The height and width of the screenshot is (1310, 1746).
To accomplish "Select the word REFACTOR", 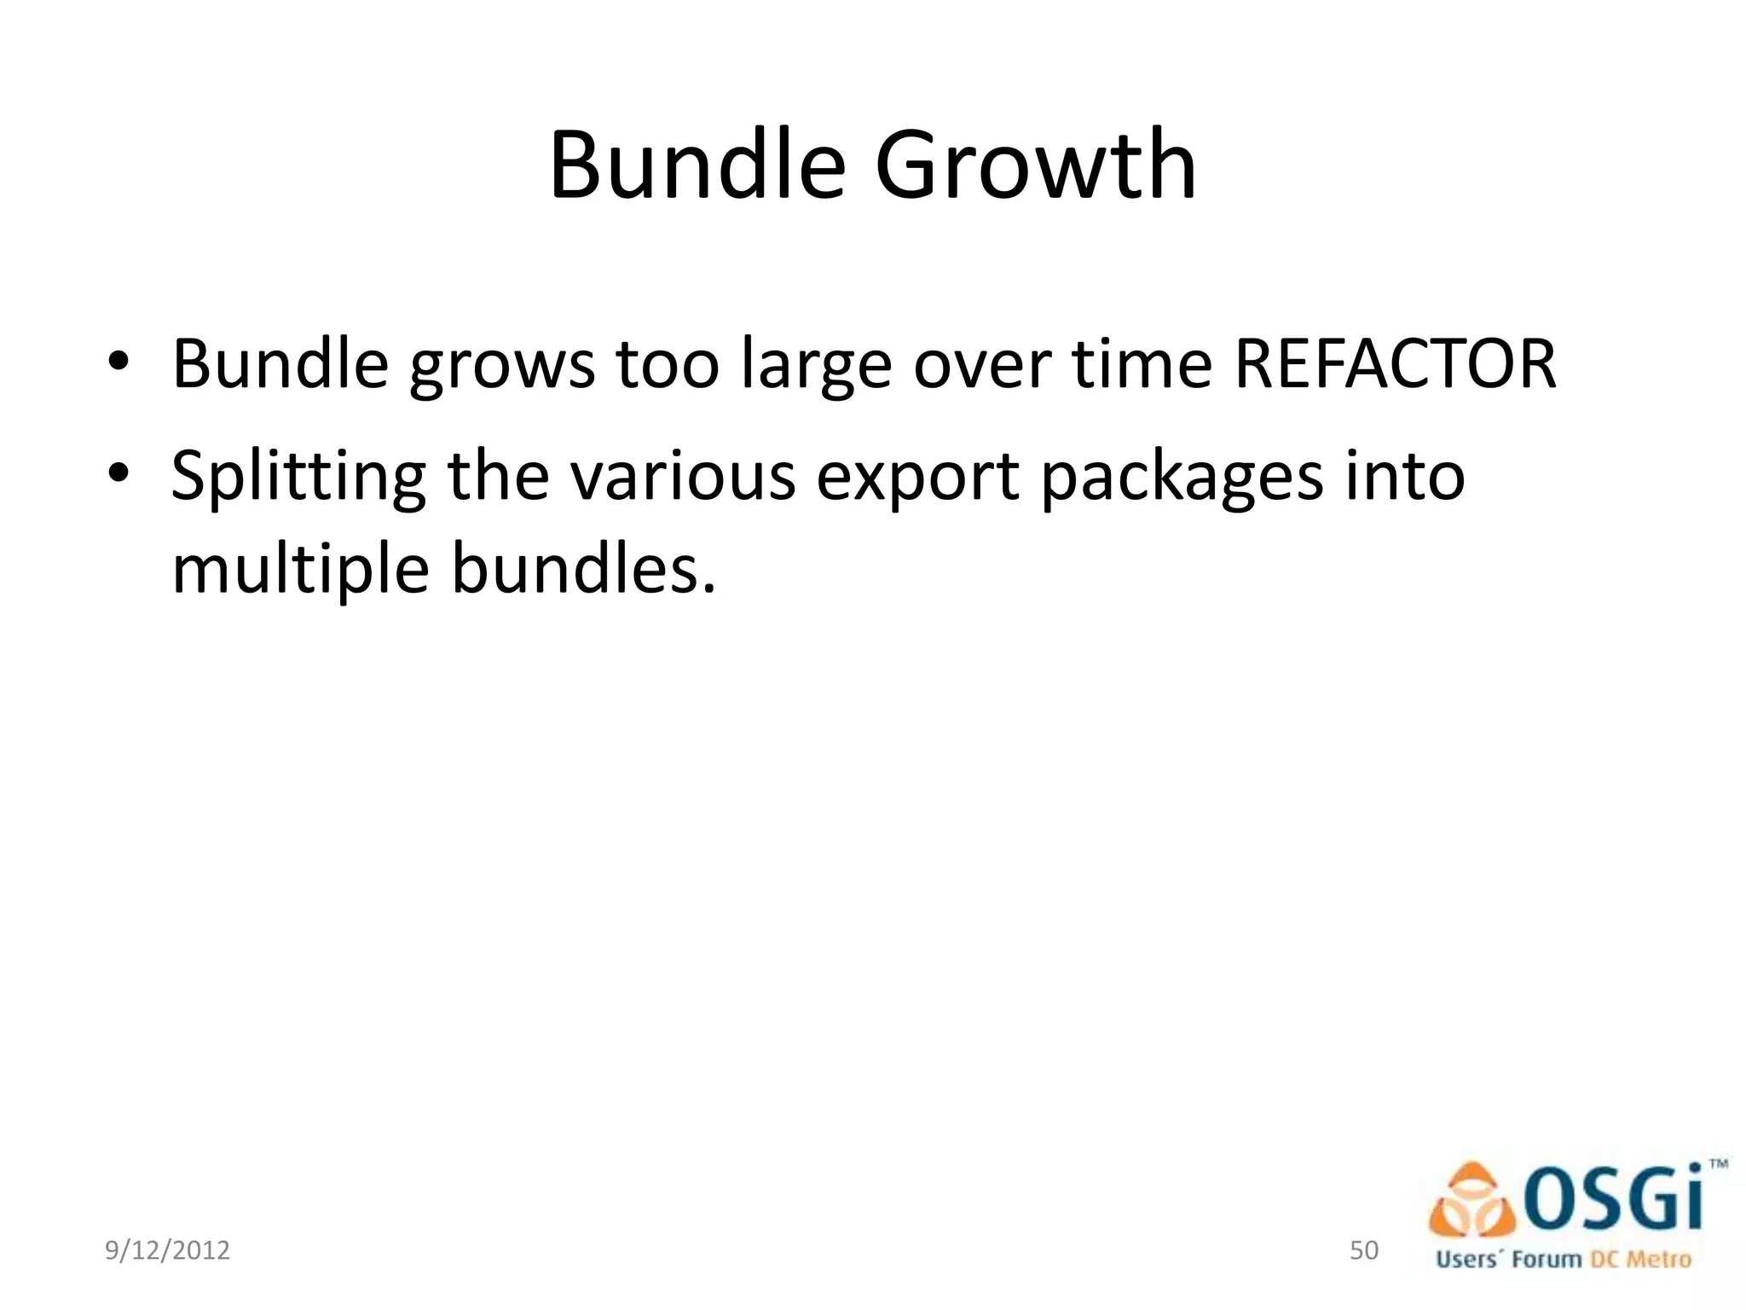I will coord(1395,364).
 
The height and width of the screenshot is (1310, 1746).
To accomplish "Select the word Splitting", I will coord(298,478).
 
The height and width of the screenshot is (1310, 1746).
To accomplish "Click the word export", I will coord(917,478).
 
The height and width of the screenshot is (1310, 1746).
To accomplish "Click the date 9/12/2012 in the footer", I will coord(167,1250).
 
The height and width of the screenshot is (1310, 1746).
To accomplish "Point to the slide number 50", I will coord(1364,1250).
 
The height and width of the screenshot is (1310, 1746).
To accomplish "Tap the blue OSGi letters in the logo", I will coord(1613,1198).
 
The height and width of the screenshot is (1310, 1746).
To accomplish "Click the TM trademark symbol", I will coord(1718,1162).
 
